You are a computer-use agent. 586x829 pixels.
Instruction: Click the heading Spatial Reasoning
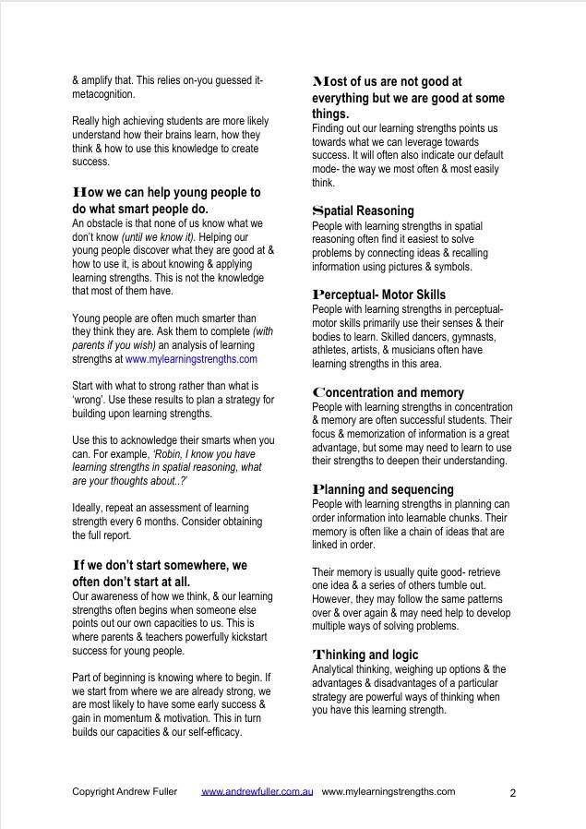pos(364,210)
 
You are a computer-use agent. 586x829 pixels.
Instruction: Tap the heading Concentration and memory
pos(389,392)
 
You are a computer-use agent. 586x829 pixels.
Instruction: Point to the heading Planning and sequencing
pos(383,489)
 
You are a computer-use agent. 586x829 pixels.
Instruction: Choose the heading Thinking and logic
pos(365,655)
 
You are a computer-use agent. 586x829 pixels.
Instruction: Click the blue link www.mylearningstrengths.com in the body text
pos(191,359)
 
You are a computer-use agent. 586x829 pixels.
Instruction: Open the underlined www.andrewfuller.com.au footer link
pos(257,791)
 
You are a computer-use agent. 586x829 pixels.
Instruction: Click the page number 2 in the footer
pos(513,792)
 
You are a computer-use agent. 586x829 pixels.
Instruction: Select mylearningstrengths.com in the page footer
pos(389,791)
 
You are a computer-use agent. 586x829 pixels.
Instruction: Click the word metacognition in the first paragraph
pos(102,94)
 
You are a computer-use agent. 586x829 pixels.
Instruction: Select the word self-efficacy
pos(211,732)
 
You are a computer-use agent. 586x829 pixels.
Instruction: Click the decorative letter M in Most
pos(321,81)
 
